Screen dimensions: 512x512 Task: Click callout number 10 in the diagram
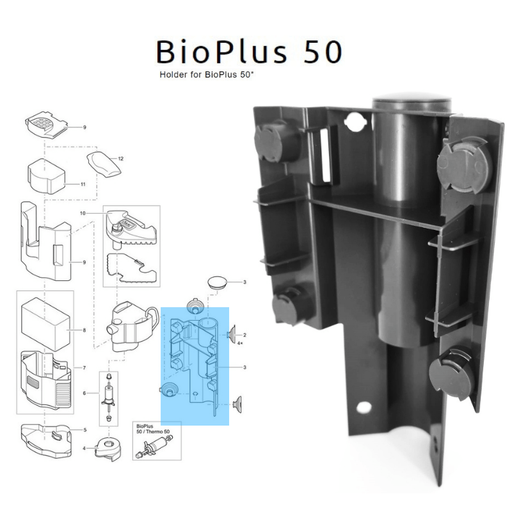click(83, 212)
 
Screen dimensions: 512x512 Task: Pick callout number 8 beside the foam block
click(84, 330)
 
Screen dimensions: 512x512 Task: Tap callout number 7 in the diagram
click(84, 368)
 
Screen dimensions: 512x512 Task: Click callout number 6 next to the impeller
click(84, 393)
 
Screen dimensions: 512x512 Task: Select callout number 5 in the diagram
click(84, 430)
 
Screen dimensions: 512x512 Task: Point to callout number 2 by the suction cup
click(244, 335)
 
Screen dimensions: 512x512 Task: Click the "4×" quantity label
click(241, 344)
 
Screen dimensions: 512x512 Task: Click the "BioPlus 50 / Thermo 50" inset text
click(152, 428)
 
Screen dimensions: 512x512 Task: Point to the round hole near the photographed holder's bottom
click(364, 406)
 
